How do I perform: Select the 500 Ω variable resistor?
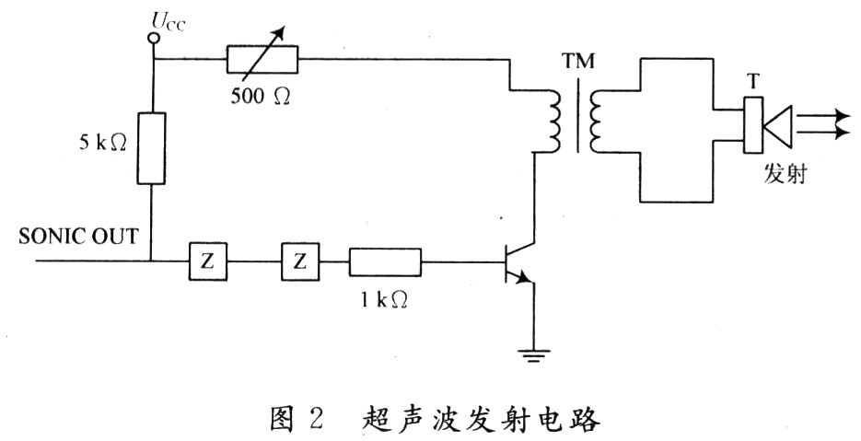click(x=262, y=60)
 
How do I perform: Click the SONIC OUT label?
click(x=78, y=237)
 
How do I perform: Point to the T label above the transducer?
click(x=753, y=84)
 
